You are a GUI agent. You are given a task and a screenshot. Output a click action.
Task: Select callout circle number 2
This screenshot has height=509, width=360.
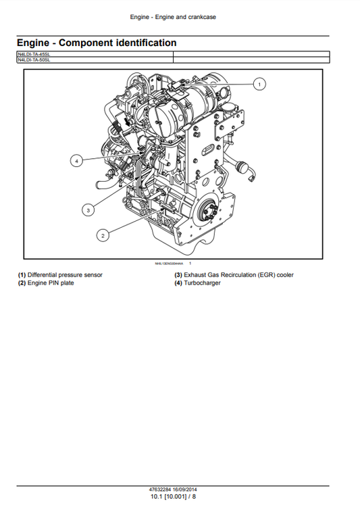click(103, 235)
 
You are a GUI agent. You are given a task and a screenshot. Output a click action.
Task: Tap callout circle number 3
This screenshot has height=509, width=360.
click(88, 210)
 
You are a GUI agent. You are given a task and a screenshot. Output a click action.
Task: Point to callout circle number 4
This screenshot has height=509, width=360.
click(78, 160)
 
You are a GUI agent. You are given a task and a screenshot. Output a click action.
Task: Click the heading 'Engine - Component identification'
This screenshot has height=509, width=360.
click(97, 43)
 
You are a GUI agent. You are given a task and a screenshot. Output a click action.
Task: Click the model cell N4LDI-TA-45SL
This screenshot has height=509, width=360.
click(34, 54)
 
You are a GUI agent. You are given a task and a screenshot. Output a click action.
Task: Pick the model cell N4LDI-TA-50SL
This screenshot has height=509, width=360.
click(34, 59)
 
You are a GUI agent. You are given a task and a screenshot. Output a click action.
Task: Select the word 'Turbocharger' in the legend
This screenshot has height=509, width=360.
click(203, 283)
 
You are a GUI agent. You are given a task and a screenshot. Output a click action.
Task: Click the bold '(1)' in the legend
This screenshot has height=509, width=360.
click(22, 275)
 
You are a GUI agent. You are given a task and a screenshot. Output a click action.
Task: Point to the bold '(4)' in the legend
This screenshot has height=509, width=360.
click(178, 283)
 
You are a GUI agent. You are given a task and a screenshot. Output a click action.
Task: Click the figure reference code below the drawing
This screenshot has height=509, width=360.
click(169, 263)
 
